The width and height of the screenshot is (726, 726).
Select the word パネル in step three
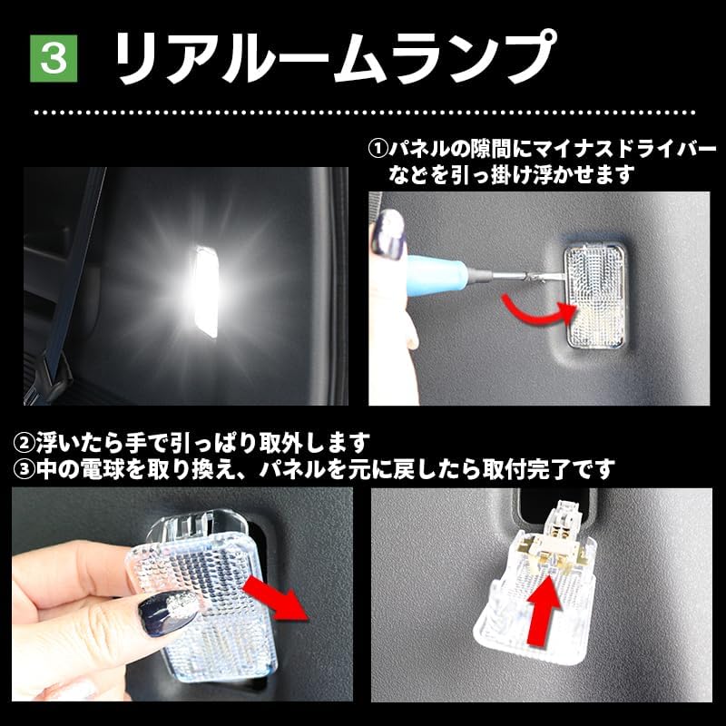point(289,469)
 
